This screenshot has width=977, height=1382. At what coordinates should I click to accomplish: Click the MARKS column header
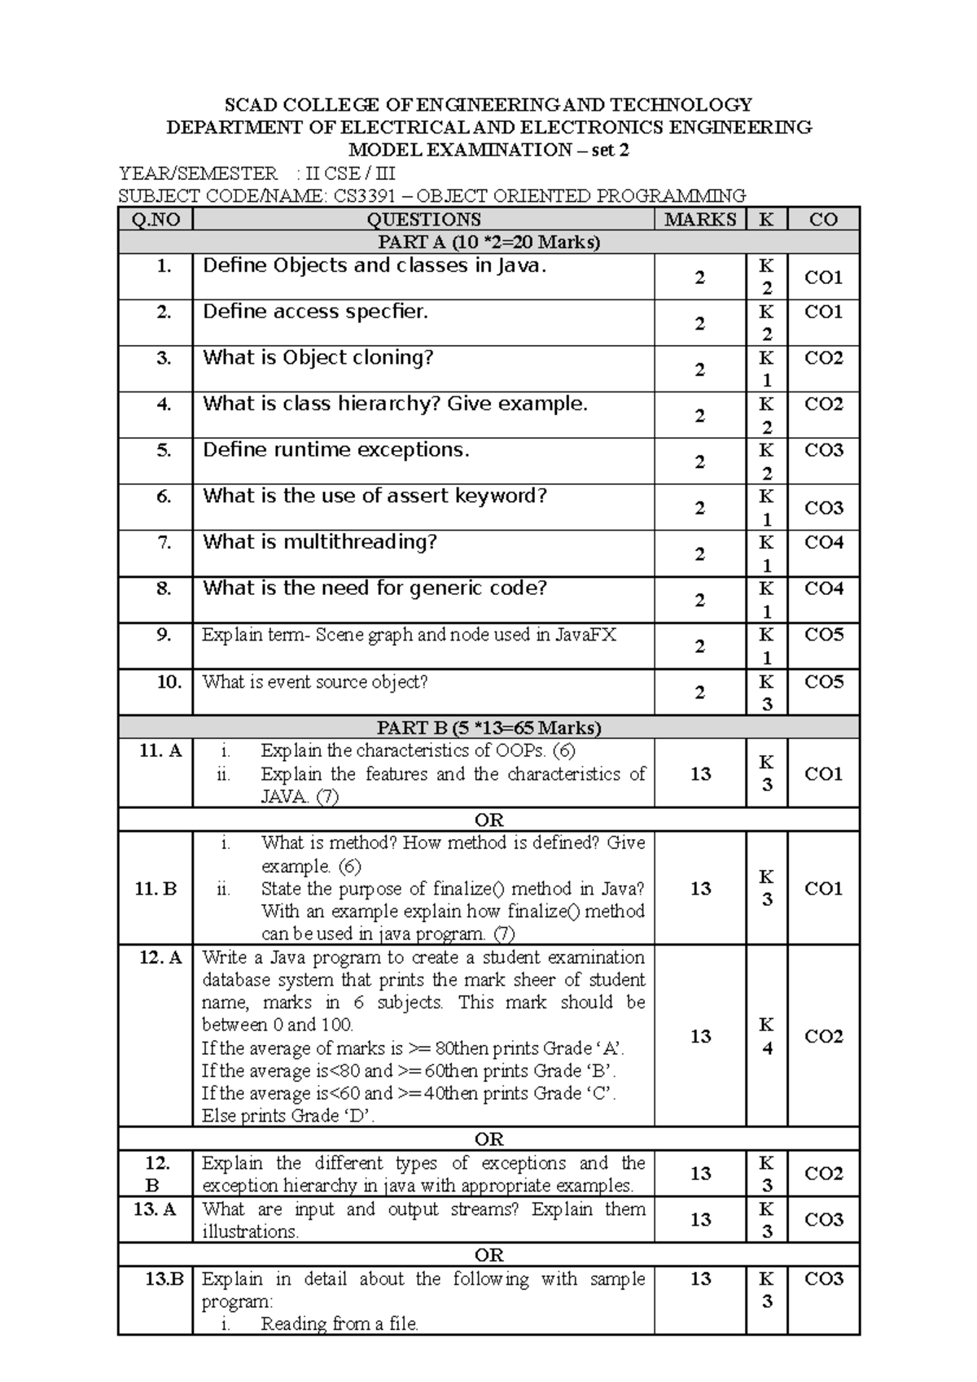(x=700, y=219)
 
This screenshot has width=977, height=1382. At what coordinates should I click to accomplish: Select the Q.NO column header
(x=156, y=219)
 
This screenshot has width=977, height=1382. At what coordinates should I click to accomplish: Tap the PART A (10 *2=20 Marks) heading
(x=488, y=242)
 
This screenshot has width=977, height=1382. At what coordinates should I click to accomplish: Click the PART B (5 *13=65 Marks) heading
(x=488, y=727)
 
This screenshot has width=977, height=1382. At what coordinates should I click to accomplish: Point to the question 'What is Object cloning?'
(x=318, y=358)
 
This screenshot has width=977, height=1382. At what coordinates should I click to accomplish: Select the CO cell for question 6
(x=823, y=508)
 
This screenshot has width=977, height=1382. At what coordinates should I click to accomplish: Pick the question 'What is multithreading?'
(x=319, y=543)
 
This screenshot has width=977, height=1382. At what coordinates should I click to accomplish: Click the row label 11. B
(x=156, y=888)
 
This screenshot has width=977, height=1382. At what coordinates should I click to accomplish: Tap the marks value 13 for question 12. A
(x=700, y=1036)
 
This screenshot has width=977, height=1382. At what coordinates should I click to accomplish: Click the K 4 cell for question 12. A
(x=766, y=1036)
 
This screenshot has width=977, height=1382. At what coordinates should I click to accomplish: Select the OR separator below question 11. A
(x=488, y=820)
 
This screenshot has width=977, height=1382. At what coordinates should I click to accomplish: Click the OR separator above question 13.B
(x=488, y=1255)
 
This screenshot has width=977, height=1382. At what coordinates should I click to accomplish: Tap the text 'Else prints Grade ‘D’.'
(x=288, y=1116)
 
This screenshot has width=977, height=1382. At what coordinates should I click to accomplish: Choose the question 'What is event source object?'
(x=315, y=682)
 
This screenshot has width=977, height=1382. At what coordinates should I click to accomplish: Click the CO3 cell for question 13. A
(x=823, y=1219)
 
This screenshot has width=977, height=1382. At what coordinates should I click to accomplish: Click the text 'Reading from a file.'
(x=339, y=1323)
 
